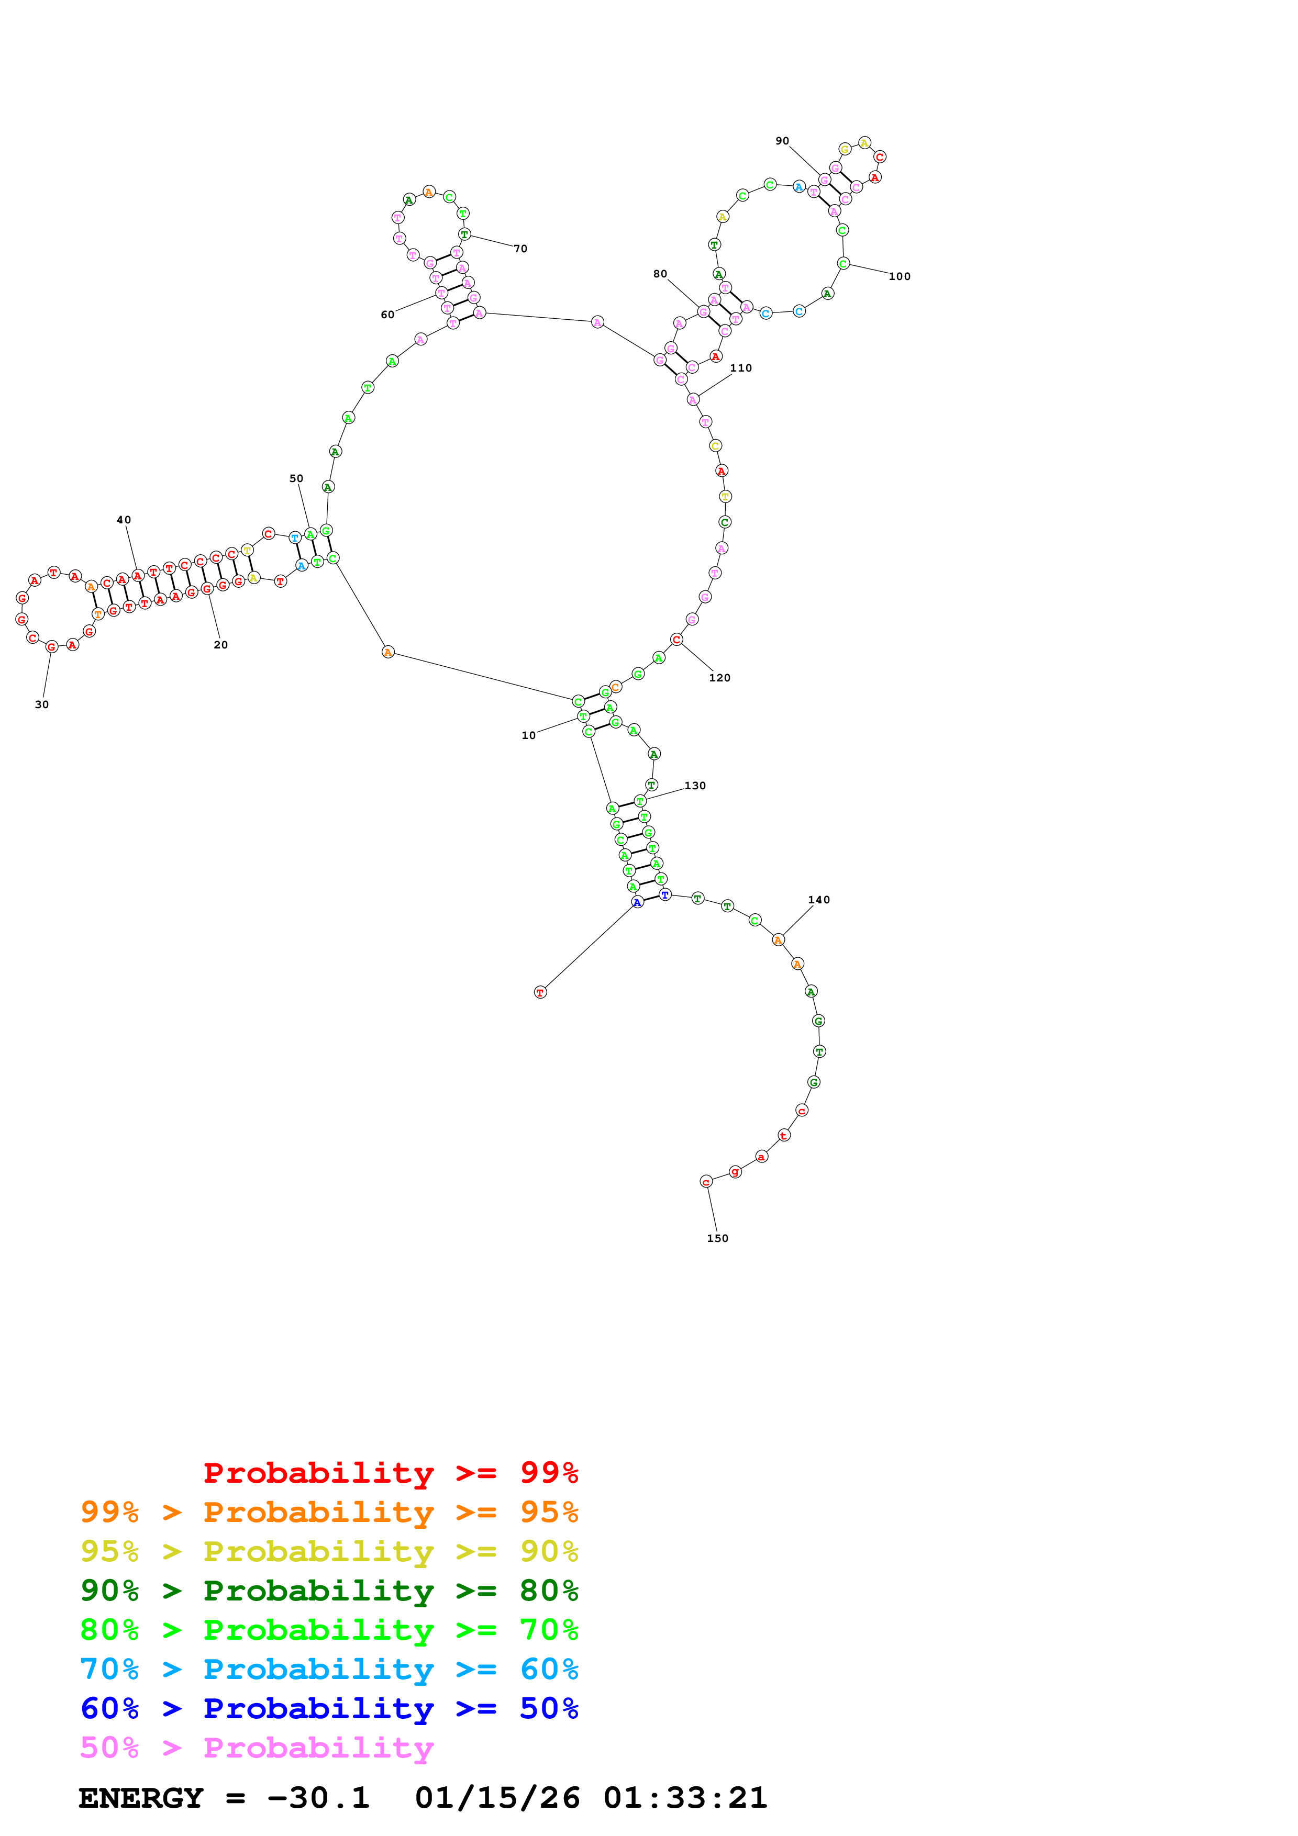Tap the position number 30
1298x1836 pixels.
tap(41, 704)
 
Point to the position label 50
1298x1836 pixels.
tap(296, 478)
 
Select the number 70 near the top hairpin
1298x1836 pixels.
tap(520, 249)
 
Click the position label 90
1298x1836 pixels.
tap(782, 141)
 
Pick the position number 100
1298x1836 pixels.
tap(900, 277)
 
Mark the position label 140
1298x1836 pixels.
tap(819, 900)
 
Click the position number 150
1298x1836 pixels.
tap(717, 1238)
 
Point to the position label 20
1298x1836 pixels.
tap(221, 644)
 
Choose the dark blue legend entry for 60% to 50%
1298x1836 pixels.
tap(329, 1708)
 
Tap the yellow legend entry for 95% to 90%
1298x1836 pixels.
tap(329, 1551)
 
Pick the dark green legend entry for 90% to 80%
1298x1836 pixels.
tap(329, 1591)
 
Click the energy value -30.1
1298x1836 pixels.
tap(318, 1798)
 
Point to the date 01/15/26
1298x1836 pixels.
tap(497, 1798)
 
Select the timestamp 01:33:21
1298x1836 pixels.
tap(685, 1798)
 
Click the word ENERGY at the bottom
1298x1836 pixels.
tap(141, 1798)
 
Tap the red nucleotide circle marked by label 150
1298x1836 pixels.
tap(705, 1182)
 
